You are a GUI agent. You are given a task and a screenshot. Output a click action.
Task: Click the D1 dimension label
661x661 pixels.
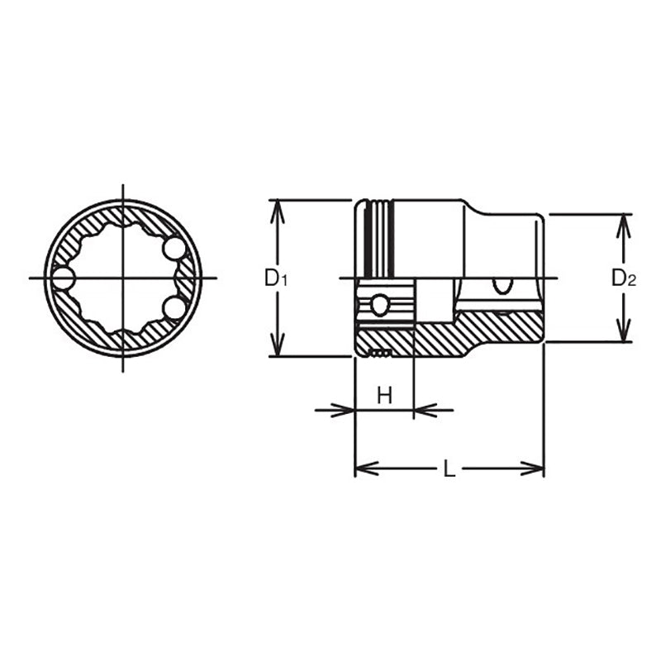276,278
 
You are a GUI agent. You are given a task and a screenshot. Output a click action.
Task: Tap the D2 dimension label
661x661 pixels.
624,278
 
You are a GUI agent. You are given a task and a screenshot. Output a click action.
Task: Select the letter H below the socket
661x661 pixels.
384,397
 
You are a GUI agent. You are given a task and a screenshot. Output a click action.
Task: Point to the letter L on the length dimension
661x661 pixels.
449,469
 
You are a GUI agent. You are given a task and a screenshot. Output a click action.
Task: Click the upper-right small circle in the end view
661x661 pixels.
174,248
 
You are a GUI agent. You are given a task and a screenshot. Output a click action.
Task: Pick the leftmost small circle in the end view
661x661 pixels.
63,278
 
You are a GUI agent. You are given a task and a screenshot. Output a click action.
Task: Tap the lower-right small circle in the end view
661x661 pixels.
174,308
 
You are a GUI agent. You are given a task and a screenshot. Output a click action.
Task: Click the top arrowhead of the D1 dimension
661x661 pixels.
278,207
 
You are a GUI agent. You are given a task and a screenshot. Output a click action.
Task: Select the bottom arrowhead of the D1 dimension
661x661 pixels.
278,349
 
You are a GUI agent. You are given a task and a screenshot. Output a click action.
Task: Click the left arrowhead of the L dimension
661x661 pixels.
364,469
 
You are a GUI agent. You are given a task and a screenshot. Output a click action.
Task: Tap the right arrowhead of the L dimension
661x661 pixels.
535,469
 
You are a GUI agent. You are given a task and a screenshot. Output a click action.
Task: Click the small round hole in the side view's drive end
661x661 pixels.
379,306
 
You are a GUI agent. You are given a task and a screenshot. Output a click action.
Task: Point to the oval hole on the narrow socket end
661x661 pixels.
501,286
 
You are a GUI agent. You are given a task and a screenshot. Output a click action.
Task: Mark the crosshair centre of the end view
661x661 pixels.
122,278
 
